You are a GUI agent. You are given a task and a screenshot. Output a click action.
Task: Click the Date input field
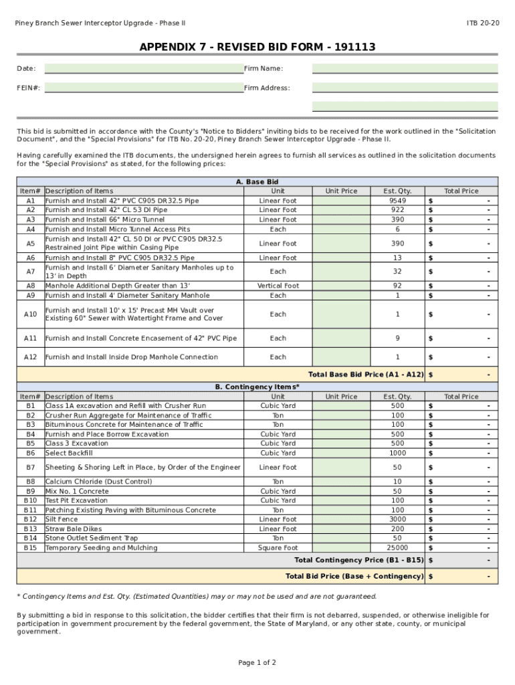tap(143, 68)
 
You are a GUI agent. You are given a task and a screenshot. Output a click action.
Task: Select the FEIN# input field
tap(143, 88)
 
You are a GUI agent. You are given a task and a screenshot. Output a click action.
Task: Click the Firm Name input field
tap(405, 68)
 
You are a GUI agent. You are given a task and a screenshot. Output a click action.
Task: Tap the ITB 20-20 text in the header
tap(482, 23)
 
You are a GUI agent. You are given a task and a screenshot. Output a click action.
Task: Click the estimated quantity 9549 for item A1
tap(397, 201)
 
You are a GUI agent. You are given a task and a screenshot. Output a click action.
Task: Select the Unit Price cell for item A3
tap(341, 219)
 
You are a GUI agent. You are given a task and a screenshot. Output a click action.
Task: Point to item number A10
tap(30, 314)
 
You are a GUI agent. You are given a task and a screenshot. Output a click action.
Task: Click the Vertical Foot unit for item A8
tap(278, 286)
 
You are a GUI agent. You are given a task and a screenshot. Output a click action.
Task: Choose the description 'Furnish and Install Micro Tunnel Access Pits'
tap(118, 229)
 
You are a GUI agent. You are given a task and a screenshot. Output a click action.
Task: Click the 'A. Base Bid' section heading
tap(257, 181)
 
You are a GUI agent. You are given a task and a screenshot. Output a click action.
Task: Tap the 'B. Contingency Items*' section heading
tap(257, 387)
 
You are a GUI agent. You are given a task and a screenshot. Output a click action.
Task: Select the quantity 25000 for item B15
tap(397, 548)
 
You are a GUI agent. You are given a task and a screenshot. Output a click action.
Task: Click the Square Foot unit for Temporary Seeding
tap(278, 548)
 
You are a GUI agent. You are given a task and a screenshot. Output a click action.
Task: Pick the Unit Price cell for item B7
tap(341, 467)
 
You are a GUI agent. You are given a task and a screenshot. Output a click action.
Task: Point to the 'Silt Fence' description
tap(62, 519)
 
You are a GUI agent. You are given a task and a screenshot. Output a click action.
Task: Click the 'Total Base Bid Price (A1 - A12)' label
tap(365, 375)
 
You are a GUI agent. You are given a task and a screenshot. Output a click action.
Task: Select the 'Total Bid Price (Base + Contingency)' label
tap(354, 576)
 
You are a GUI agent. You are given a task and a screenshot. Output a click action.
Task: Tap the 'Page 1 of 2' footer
tap(257, 663)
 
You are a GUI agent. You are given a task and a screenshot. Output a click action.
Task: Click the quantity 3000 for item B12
tap(397, 519)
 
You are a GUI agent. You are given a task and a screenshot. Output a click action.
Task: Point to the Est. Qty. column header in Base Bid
tap(397, 191)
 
